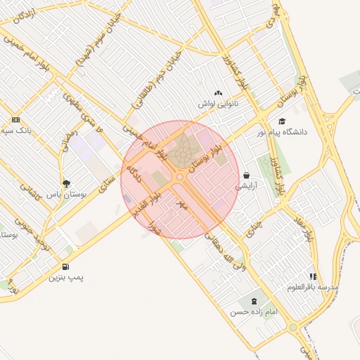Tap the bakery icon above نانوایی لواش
click(x=218, y=93)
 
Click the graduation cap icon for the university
click(x=282, y=121)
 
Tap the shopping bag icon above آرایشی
click(x=246, y=175)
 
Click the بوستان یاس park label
click(x=66, y=193)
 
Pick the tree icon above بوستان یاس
click(x=66, y=183)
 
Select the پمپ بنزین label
click(x=65, y=278)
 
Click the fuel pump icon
click(x=65, y=266)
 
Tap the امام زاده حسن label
click(x=254, y=311)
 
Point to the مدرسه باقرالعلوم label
click(x=313, y=288)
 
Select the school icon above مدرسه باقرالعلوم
click(x=313, y=276)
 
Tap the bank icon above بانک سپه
click(x=16, y=120)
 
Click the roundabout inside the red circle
click(x=180, y=177)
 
